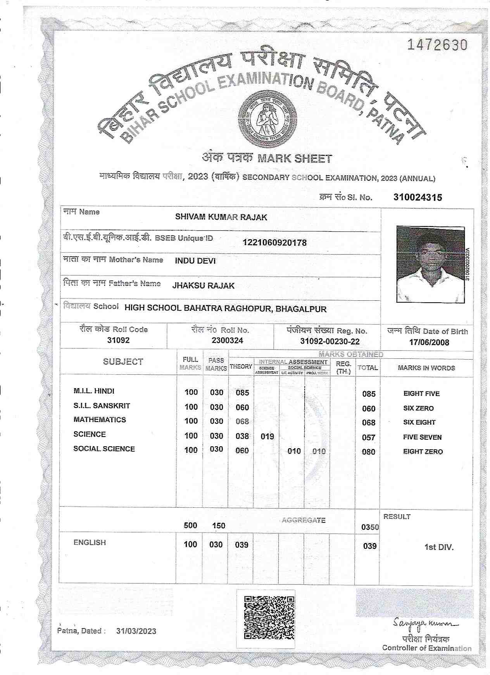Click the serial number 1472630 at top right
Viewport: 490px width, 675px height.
pos(437,45)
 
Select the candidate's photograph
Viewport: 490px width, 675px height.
pos(430,264)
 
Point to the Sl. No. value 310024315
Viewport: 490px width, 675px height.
pos(418,197)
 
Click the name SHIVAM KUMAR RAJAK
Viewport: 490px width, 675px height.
pos(221,217)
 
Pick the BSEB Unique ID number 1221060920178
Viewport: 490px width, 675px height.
pos(274,243)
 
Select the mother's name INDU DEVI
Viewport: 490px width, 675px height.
pos(195,261)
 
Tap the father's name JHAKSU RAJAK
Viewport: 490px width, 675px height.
pos(203,286)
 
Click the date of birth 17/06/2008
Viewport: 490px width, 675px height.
pos(429,342)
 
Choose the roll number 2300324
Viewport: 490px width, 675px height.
pos(227,341)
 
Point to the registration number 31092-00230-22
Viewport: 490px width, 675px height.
pos(330,341)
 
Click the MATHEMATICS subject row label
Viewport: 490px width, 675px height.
pos(100,420)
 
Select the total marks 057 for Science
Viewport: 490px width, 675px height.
pos(368,437)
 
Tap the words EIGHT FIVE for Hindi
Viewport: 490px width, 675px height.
pos(421,394)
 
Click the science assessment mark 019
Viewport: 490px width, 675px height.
pos(267,437)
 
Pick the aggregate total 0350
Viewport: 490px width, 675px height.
pos(370,527)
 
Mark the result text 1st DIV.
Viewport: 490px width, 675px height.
pos(439,547)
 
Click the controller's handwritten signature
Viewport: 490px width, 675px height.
pos(425,624)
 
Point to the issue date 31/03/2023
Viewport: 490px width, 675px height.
pos(136,631)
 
